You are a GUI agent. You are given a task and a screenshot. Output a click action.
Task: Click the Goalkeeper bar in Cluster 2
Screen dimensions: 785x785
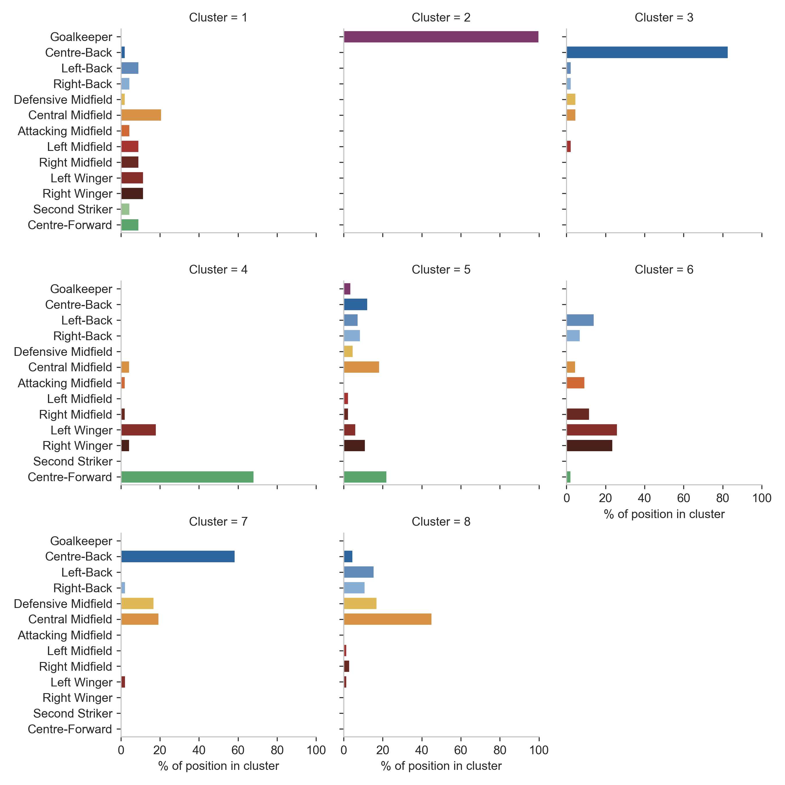click(x=441, y=37)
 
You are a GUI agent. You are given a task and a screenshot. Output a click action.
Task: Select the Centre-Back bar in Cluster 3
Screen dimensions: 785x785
click(x=647, y=52)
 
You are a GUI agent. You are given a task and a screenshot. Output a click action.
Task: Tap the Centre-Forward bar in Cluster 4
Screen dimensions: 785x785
click(x=187, y=477)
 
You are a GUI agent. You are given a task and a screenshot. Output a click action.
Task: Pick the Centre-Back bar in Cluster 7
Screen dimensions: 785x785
click(x=178, y=557)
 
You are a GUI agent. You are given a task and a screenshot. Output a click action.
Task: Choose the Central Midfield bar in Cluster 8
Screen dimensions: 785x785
click(x=388, y=619)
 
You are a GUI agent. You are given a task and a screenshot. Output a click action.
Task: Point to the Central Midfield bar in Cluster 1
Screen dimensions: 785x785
click(x=141, y=115)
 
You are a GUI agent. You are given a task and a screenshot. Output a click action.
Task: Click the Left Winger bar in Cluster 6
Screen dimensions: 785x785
click(x=592, y=430)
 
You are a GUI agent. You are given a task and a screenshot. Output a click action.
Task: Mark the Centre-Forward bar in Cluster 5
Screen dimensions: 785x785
click(x=365, y=477)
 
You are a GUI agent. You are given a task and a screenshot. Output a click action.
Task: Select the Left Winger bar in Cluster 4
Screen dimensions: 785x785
click(x=139, y=430)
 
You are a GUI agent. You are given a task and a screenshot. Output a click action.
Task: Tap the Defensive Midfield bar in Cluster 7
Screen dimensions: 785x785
click(x=137, y=604)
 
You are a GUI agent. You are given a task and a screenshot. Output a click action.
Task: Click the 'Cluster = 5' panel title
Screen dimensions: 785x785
click(x=441, y=270)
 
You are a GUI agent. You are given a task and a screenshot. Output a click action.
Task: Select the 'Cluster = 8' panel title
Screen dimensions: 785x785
click(x=441, y=522)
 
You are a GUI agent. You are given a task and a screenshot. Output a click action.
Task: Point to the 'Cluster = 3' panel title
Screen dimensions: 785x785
click(x=664, y=17)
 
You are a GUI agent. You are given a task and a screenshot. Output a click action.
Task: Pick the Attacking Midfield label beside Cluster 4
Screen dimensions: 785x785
click(x=65, y=383)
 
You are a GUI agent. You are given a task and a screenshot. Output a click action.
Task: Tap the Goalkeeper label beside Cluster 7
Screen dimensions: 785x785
click(x=81, y=541)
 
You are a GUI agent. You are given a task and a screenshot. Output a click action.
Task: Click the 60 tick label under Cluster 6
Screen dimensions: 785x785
click(x=684, y=498)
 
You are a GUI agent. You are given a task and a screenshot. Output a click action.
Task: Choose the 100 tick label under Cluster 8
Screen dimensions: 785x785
click(x=539, y=750)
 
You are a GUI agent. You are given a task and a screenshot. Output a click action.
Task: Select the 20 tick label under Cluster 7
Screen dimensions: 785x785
click(x=160, y=750)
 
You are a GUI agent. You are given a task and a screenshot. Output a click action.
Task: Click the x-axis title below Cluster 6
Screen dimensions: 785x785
click(x=664, y=514)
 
